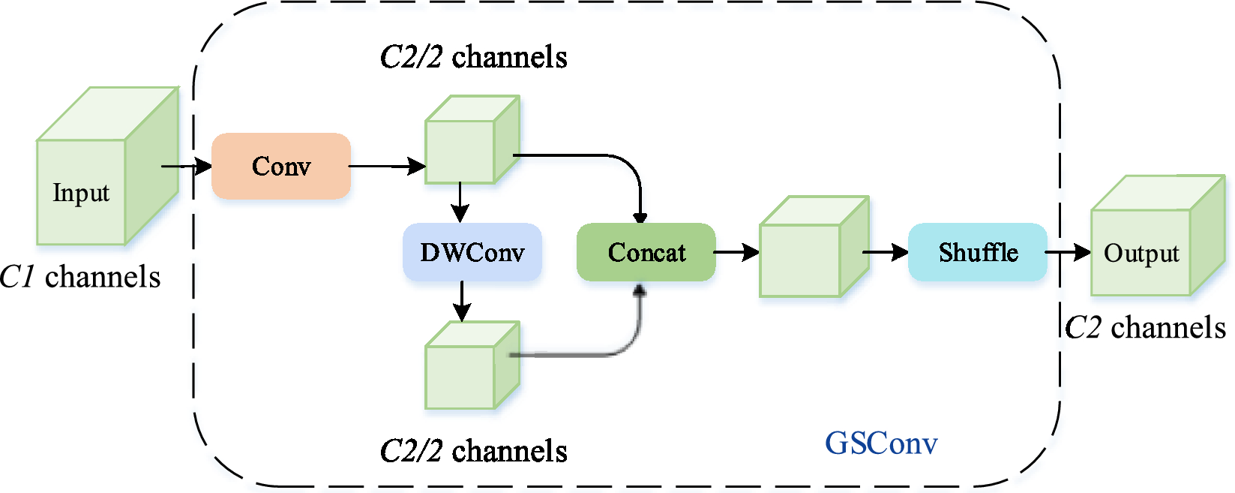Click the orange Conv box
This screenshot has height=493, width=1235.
coord(281,166)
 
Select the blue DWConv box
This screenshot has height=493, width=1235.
coord(472,252)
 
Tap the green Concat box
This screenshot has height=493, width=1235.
coord(646,252)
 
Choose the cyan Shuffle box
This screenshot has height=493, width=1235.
coord(977,252)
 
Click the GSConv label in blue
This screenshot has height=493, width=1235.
coord(881,443)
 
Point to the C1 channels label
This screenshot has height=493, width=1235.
coord(80,277)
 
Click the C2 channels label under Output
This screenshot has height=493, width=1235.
coord(1145,327)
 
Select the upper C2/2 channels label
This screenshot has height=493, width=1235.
coord(473,57)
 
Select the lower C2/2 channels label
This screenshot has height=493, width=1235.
coord(473,451)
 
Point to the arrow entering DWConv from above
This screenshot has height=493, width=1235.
coord(460,203)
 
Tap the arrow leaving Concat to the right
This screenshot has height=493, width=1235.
coord(736,252)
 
